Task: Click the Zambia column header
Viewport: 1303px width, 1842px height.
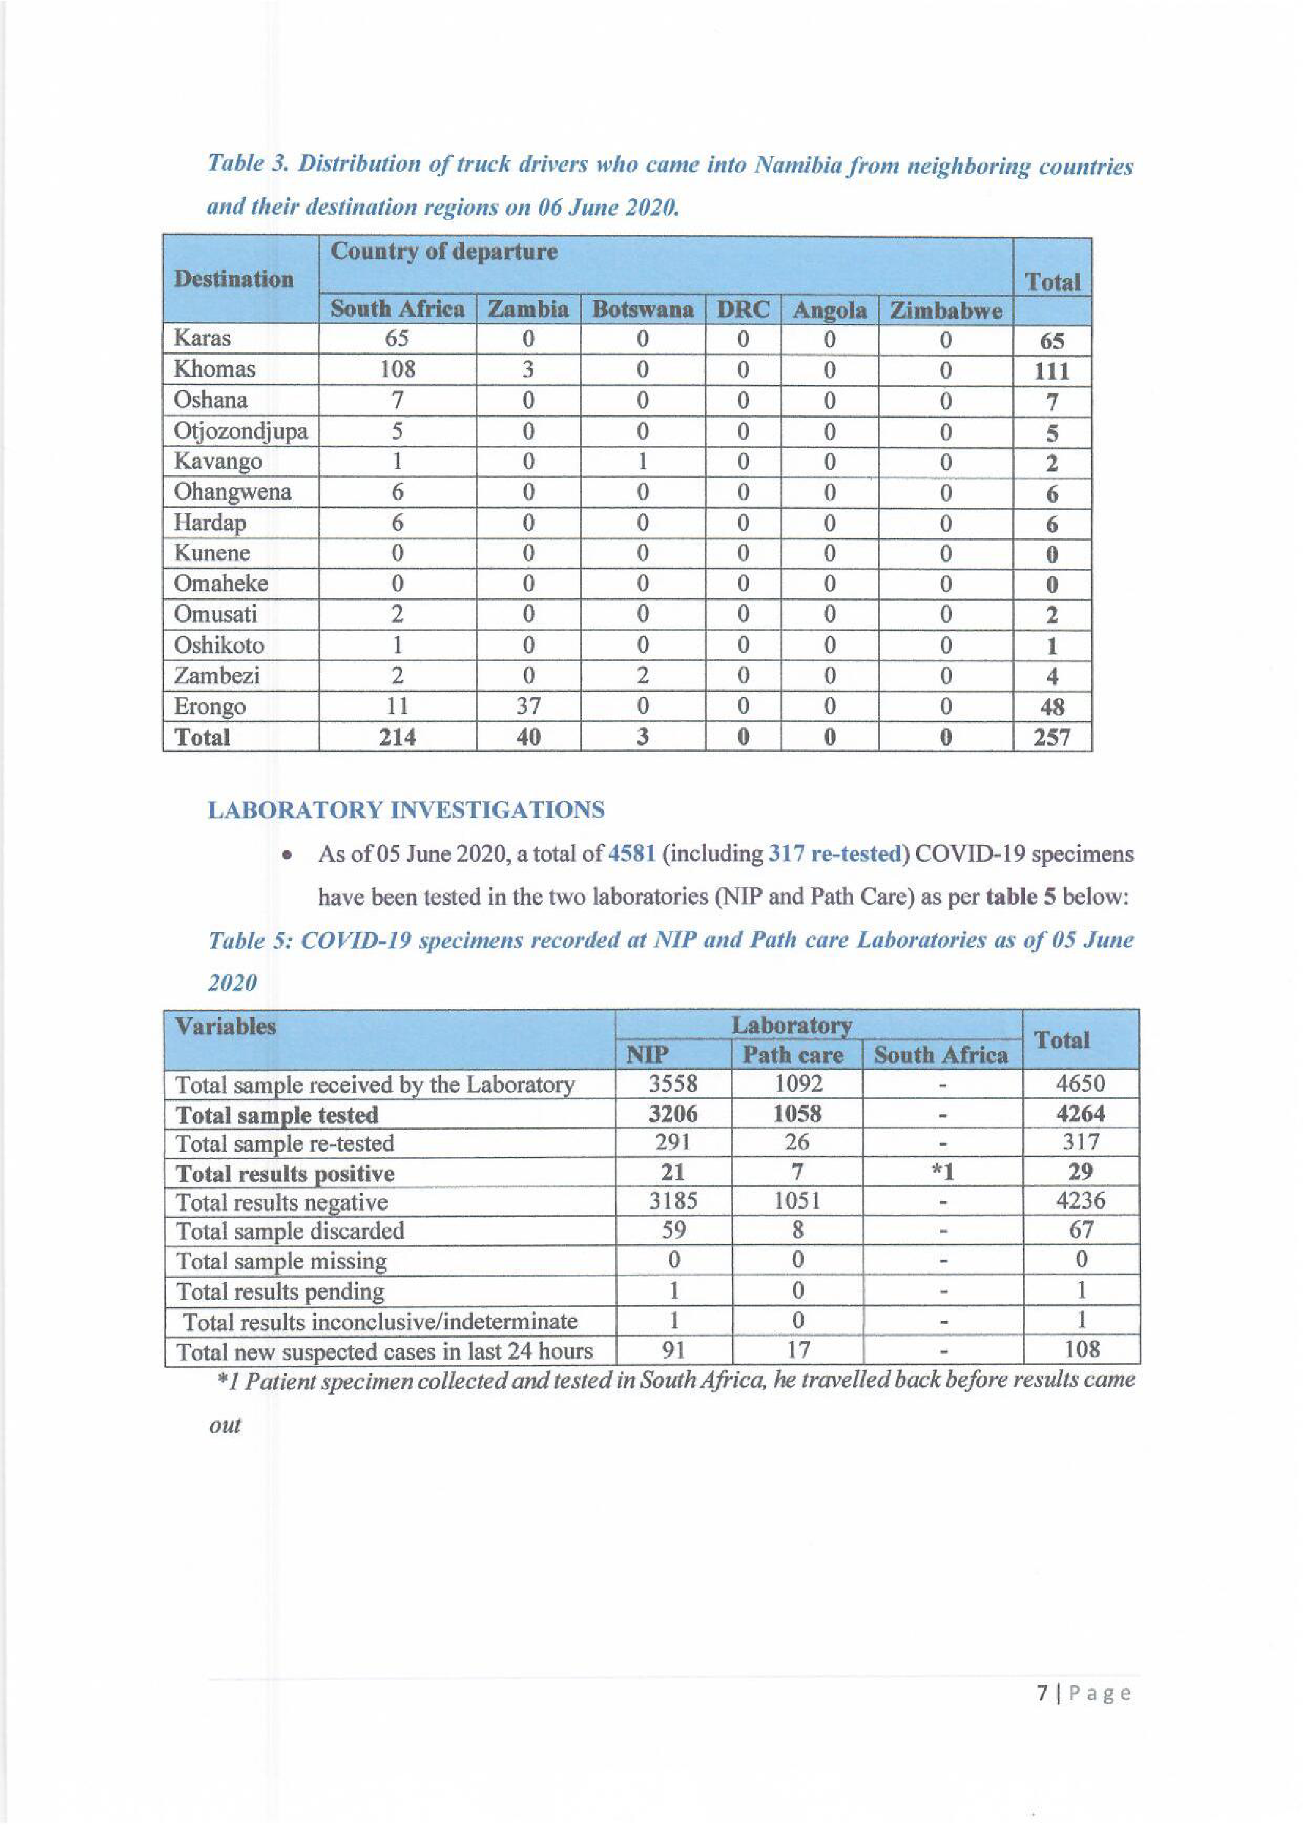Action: [528, 309]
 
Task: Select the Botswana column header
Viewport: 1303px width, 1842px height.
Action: [642, 309]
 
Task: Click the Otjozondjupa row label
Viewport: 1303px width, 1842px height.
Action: [241, 432]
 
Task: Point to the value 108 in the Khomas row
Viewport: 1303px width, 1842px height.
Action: [397, 369]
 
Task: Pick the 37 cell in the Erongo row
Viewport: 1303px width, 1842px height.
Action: [528, 706]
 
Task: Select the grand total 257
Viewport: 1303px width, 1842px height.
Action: [1052, 737]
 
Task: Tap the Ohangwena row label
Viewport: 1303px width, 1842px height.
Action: [233, 492]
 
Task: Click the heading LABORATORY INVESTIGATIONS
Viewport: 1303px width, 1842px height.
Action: [406, 810]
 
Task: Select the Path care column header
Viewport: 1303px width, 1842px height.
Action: [793, 1055]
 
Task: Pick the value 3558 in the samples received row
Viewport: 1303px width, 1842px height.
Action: [673, 1084]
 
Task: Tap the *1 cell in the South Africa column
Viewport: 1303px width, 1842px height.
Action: [943, 1173]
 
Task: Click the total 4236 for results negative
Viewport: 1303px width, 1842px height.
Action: [1080, 1201]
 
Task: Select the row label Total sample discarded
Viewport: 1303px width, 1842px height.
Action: [289, 1231]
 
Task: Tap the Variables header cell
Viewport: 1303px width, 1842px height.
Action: [226, 1027]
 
